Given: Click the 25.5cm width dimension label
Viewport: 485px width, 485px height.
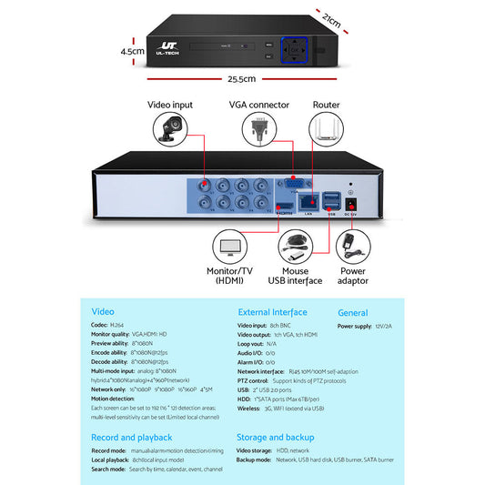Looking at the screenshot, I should pyautogui.click(x=241, y=79).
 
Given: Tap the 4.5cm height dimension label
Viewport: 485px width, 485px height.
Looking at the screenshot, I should pyautogui.click(x=133, y=52).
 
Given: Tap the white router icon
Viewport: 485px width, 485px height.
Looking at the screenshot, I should pyautogui.click(x=326, y=130).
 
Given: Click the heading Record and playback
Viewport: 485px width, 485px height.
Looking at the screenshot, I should pyautogui.click(x=131, y=438).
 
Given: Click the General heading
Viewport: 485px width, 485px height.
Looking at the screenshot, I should pyautogui.click(x=352, y=312).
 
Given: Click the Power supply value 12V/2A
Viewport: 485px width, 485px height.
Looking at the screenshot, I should pyautogui.click(x=383, y=325).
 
